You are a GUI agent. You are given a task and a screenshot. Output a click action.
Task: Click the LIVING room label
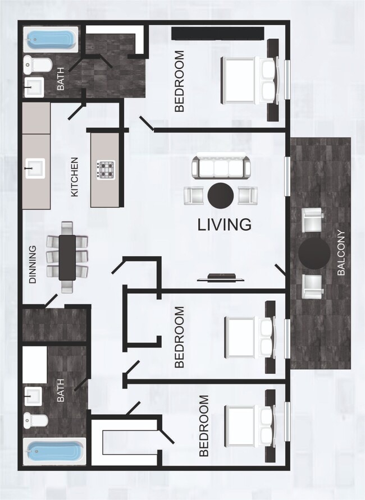(x=224, y=225)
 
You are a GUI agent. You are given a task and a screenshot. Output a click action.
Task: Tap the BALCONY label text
(x=341, y=253)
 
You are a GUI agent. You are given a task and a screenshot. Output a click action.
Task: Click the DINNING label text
(x=33, y=264)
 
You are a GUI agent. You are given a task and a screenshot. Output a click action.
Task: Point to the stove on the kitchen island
(x=105, y=169)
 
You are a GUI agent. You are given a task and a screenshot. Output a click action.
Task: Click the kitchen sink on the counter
(x=35, y=167)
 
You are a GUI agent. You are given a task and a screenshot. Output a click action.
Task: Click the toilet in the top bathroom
(x=37, y=66)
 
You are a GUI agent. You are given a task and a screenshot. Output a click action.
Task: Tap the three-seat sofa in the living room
(x=220, y=167)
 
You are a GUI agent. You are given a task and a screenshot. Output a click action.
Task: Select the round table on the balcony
(x=314, y=255)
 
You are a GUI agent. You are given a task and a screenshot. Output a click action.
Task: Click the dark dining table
(x=67, y=257)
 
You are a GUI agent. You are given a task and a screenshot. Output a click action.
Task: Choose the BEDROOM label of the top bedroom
(x=180, y=81)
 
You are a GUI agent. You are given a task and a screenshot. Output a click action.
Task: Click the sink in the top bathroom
(x=35, y=87)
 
